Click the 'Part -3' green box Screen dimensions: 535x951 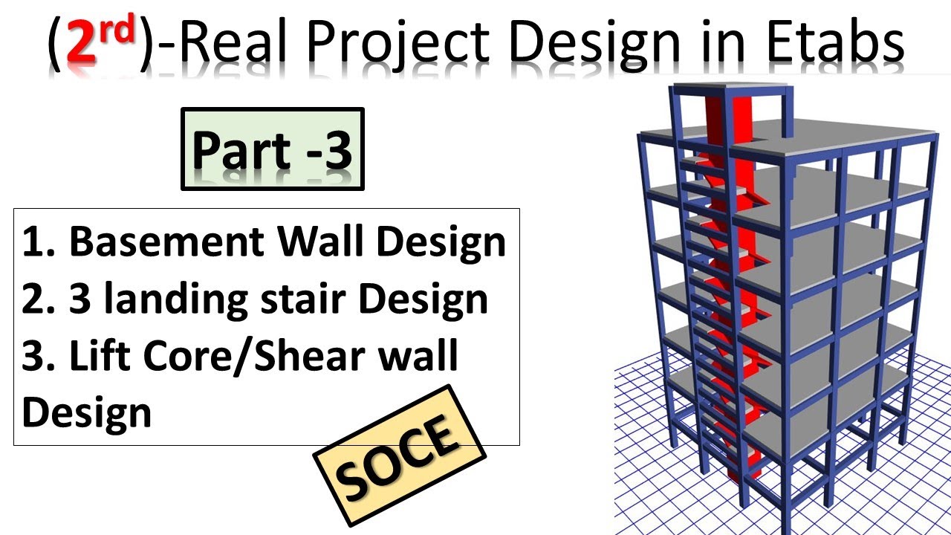273,149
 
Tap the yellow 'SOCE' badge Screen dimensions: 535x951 399,455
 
